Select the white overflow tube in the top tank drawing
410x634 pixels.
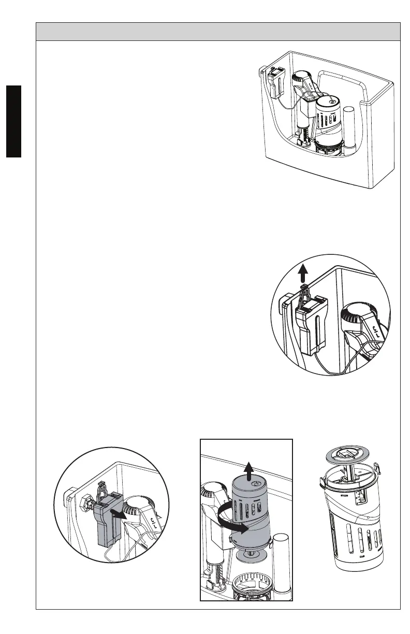348,129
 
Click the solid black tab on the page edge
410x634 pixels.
10,122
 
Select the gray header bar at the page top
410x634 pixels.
218,32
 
